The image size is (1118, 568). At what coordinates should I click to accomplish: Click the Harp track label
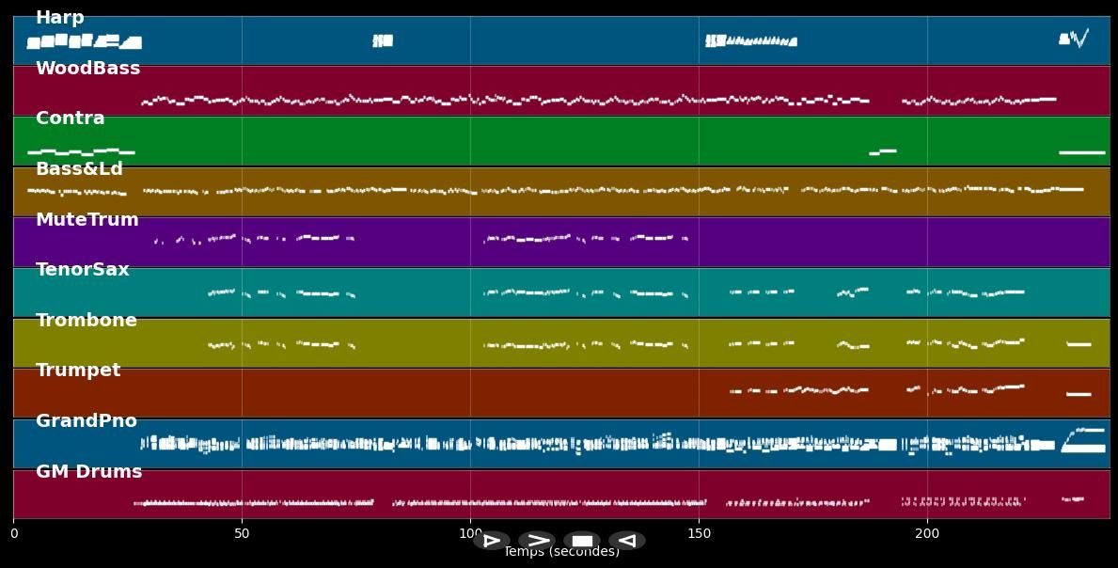tap(59, 18)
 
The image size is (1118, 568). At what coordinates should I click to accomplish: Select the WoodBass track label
tap(87, 69)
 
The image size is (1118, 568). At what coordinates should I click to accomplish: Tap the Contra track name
tap(70, 118)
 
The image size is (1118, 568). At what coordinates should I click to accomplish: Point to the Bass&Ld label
tap(79, 169)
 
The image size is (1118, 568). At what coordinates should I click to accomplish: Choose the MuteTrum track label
tap(87, 220)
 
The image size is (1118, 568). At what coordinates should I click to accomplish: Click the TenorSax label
tap(82, 270)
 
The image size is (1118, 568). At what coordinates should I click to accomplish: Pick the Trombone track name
tap(86, 321)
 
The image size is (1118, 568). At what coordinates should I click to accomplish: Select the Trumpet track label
tap(78, 371)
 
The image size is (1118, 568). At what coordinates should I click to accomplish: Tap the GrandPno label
tap(86, 421)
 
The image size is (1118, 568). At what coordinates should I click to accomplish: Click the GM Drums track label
tap(88, 472)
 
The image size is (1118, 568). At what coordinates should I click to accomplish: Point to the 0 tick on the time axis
tap(13, 534)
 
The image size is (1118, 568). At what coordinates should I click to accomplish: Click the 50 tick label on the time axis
tap(242, 534)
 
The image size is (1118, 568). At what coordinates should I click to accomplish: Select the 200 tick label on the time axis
tap(927, 534)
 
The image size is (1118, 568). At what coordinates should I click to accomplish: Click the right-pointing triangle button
tap(491, 541)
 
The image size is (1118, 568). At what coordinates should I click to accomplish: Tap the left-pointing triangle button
tap(626, 541)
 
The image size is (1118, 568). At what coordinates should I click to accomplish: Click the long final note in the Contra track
tap(1081, 152)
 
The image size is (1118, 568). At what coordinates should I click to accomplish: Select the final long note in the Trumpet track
tap(1079, 394)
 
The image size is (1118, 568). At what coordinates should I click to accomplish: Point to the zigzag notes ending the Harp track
tap(1079, 39)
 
